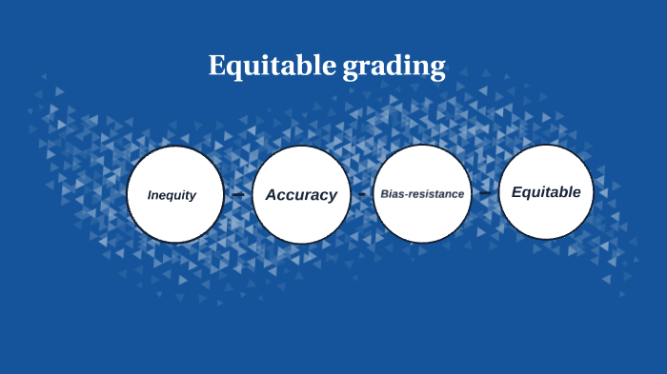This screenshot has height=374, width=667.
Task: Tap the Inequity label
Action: (172, 195)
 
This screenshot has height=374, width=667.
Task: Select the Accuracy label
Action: (301, 195)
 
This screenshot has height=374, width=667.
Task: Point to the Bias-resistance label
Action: (422, 194)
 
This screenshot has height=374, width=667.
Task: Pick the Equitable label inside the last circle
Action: (546, 192)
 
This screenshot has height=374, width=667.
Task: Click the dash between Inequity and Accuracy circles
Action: (237, 194)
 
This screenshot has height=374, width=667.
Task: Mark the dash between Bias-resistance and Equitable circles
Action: (485, 193)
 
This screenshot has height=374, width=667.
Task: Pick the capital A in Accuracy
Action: (272, 195)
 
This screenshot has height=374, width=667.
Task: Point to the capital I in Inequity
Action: (150, 195)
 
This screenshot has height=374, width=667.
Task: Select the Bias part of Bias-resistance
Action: (391, 194)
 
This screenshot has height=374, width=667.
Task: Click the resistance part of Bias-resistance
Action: (435, 194)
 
